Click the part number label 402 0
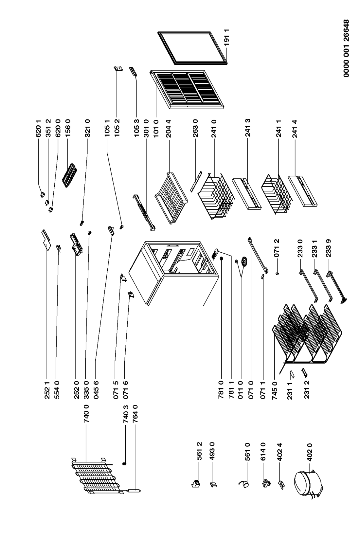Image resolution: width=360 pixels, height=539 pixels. point(310,452)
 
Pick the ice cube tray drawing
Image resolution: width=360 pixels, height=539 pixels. point(69,175)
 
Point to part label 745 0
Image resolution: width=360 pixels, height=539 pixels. point(274,390)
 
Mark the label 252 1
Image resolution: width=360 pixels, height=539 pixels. point(47,390)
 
